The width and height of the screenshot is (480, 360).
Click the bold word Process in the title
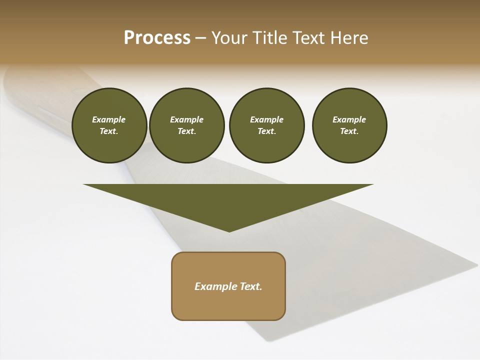tap(157, 38)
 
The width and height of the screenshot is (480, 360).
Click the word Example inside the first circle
tap(109, 119)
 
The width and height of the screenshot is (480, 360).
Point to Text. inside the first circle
tap(109, 131)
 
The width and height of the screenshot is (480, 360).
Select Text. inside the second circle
tap(187, 131)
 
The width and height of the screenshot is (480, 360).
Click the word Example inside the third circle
tap(266, 119)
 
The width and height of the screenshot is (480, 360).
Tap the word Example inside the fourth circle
tap(349, 119)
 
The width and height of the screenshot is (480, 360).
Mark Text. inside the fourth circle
tap(349, 131)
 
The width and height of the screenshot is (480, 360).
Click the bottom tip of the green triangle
tap(229, 230)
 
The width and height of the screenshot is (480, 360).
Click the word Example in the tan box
tap(214, 286)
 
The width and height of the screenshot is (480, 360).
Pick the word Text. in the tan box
tap(250, 286)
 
